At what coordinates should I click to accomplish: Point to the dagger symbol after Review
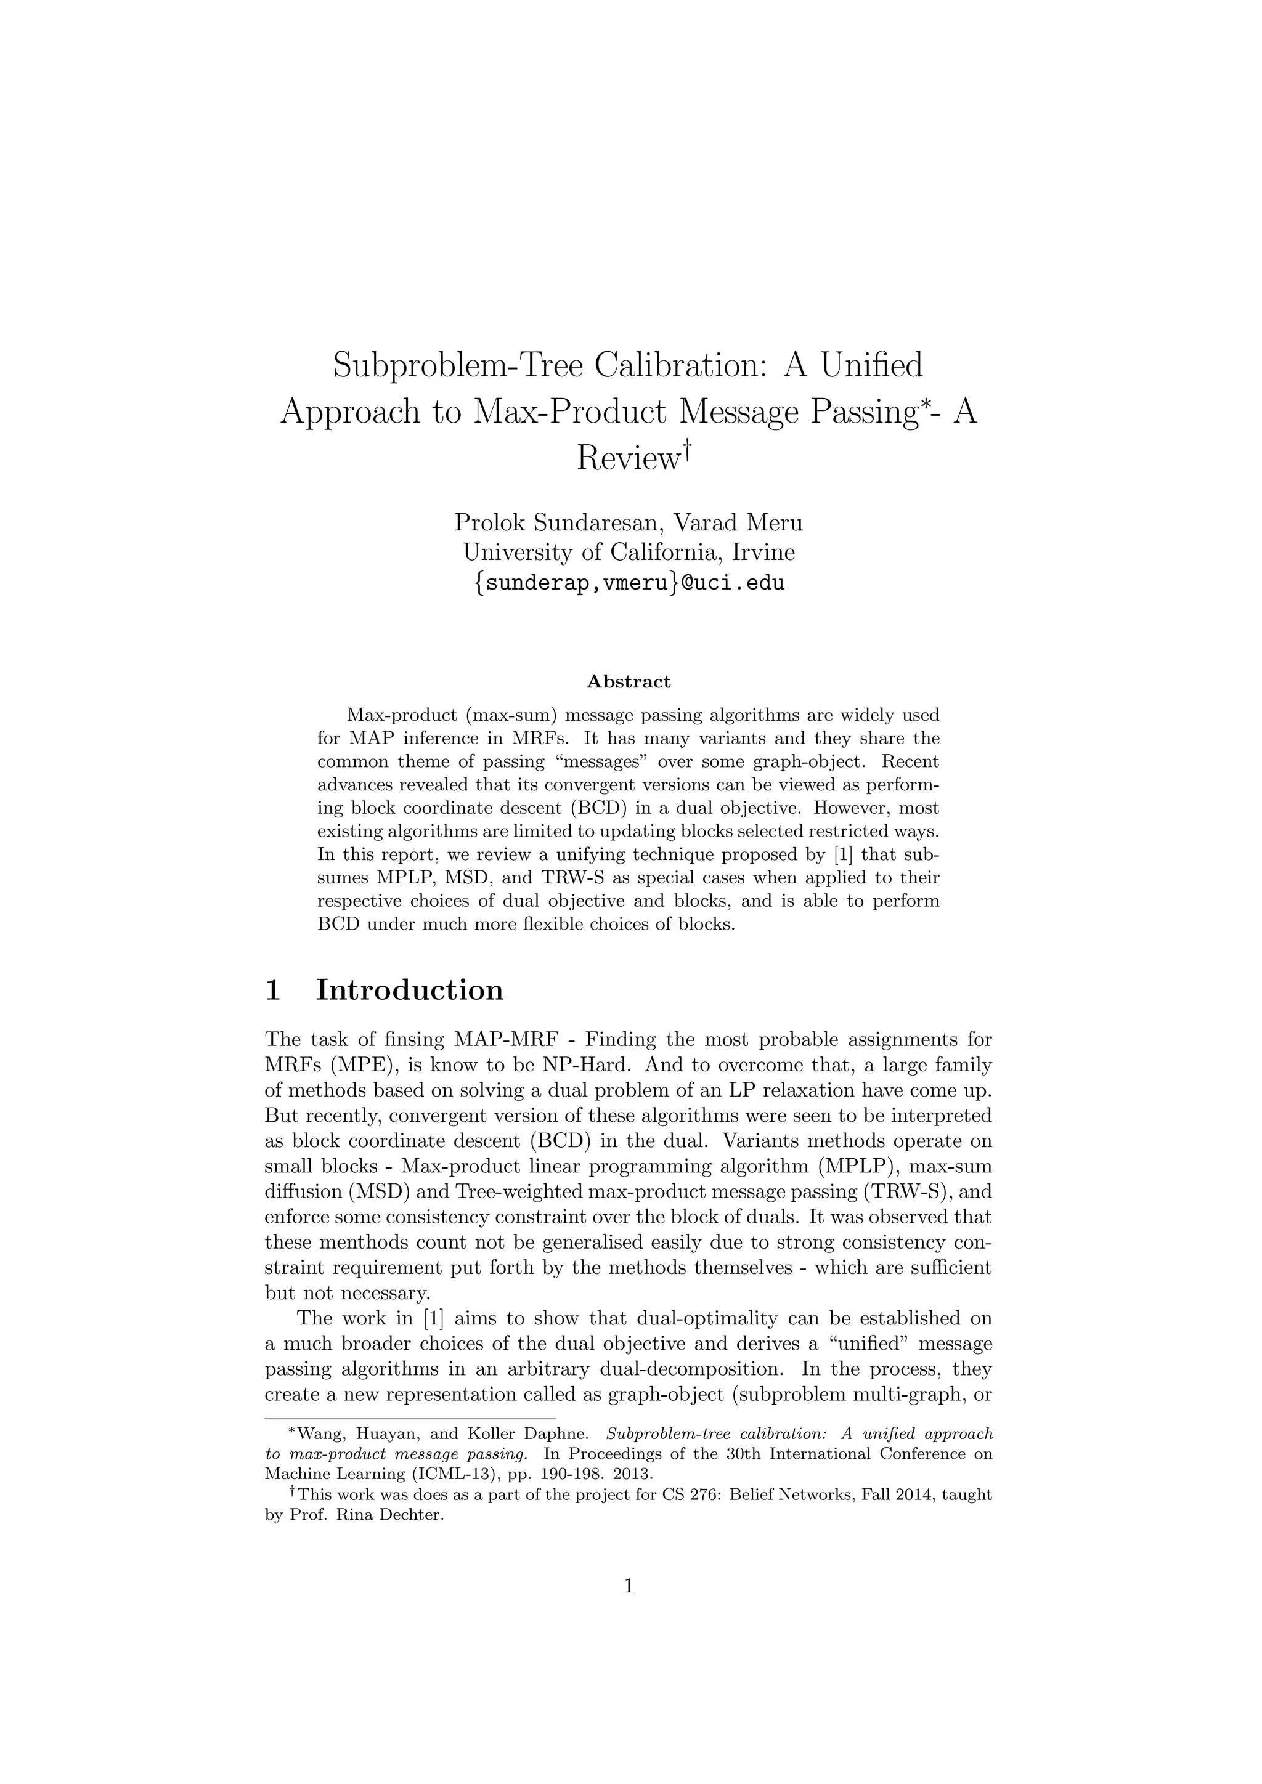686,448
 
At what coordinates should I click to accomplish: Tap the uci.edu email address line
629,582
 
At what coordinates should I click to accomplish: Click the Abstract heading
629,681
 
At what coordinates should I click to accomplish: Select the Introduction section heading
410,990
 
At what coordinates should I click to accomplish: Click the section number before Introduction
273,990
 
